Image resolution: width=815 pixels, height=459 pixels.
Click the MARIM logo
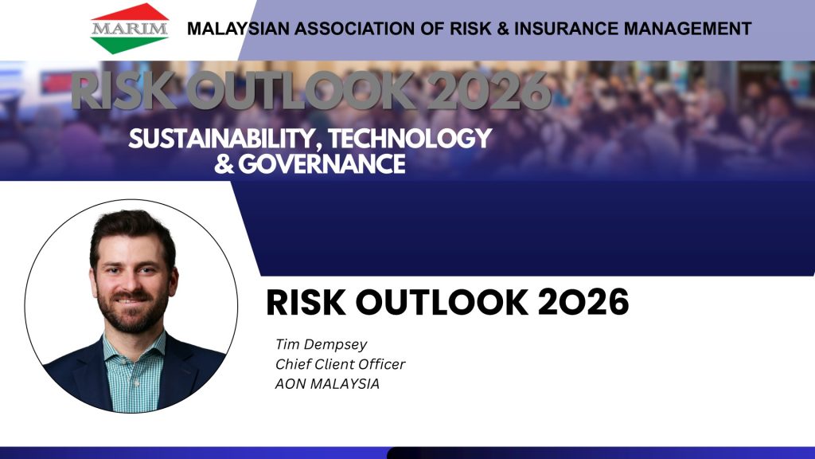[130, 28]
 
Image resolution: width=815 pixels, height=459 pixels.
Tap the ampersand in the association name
[503, 29]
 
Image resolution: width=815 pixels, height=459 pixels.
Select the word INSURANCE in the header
[567, 29]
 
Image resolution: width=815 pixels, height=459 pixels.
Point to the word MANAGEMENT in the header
[688, 29]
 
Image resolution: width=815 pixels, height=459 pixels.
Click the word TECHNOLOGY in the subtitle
[410, 138]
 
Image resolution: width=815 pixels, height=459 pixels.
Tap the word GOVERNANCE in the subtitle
[322, 164]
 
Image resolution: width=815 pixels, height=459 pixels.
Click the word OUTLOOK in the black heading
[441, 302]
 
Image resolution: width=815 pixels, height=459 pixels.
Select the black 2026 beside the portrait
[583, 302]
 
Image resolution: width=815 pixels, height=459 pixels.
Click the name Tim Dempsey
[322, 344]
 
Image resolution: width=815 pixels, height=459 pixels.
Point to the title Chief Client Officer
[340, 364]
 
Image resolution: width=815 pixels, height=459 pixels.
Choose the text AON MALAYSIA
[327, 384]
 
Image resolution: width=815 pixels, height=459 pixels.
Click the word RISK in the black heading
[306, 302]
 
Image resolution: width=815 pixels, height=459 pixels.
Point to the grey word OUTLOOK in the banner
[300, 91]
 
